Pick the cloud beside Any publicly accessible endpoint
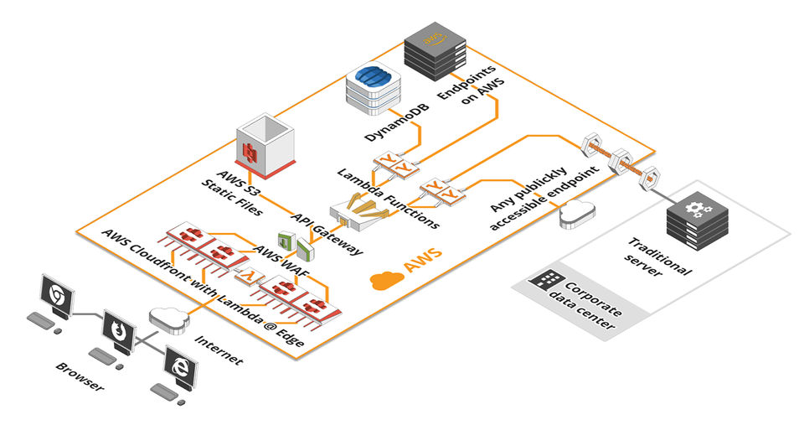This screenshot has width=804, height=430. tap(575, 214)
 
